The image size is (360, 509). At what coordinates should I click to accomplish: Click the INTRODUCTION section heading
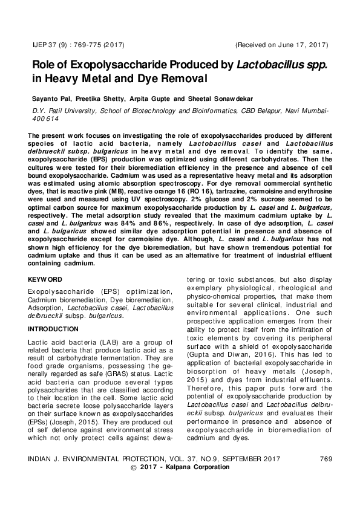[x=53, y=329]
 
